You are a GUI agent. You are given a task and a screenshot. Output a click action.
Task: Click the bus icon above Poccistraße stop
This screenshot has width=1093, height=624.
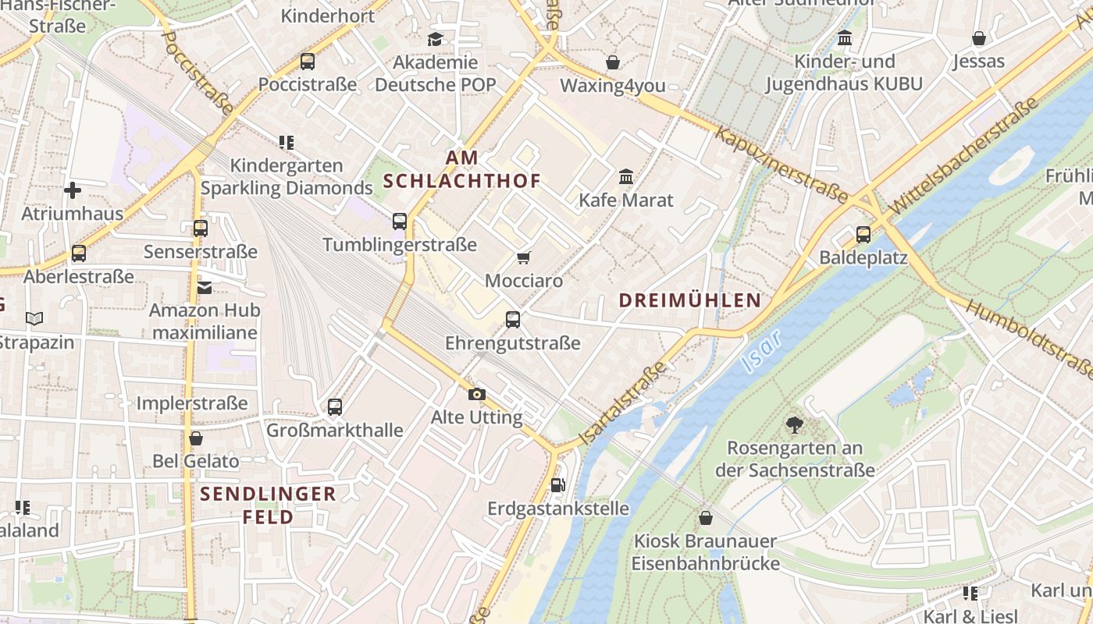[x=308, y=61]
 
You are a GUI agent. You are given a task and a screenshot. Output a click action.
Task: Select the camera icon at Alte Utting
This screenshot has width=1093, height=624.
[x=477, y=394]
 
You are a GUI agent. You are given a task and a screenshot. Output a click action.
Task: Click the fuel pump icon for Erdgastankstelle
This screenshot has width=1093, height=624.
[x=557, y=484]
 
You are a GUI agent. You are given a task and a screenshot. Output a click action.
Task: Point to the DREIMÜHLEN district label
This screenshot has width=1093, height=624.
[x=689, y=300]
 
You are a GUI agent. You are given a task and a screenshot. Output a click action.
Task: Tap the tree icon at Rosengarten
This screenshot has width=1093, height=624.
[x=795, y=425]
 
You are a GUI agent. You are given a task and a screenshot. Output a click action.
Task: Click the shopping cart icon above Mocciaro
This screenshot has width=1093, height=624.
[x=524, y=257]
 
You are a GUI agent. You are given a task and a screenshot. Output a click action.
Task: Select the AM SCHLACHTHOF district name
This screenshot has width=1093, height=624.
[x=462, y=169]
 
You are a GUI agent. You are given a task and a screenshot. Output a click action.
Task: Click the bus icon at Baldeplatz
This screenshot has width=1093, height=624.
[x=863, y=234]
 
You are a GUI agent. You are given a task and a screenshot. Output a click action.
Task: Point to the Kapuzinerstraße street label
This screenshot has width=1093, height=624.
[x=781, y=166]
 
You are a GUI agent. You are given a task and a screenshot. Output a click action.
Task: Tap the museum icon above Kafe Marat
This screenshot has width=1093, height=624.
[x=626, y=177]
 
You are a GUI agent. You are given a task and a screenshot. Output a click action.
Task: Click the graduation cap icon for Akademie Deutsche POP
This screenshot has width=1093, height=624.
[x=435, y=39]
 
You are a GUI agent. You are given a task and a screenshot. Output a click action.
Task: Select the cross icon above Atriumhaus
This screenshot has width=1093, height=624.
[x=73, y=190]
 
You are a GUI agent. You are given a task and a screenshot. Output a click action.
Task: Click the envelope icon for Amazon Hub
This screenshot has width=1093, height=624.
[x=205, y=288]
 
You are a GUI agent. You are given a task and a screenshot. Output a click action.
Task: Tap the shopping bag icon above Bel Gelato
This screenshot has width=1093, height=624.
[x=196, y=438]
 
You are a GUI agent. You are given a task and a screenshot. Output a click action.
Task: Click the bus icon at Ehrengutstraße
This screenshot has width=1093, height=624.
[x=513, y=319]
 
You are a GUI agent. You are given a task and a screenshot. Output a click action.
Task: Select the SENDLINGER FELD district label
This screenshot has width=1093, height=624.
[x=268, y=505]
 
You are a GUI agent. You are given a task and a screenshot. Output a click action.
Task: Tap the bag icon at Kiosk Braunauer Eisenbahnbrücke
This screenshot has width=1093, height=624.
[x=706, y=518]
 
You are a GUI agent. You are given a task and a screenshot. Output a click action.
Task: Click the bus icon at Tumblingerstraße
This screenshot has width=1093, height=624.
[x=400, y=222]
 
